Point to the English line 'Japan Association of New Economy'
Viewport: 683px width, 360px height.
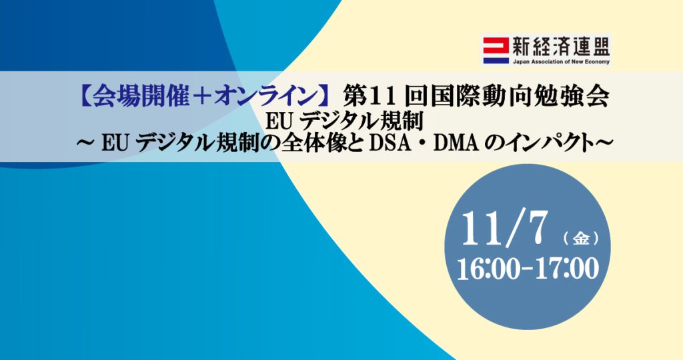click(561, 62)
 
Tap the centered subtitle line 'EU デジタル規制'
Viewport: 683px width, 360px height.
click(344, 121)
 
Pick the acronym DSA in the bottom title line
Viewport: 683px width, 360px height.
click(390, 143)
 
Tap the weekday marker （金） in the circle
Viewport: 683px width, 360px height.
click(581, 238)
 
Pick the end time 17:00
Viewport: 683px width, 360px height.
click(567, 269)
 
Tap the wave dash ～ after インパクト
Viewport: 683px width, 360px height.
click(604, 143)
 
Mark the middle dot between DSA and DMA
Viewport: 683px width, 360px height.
click(422, 144)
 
